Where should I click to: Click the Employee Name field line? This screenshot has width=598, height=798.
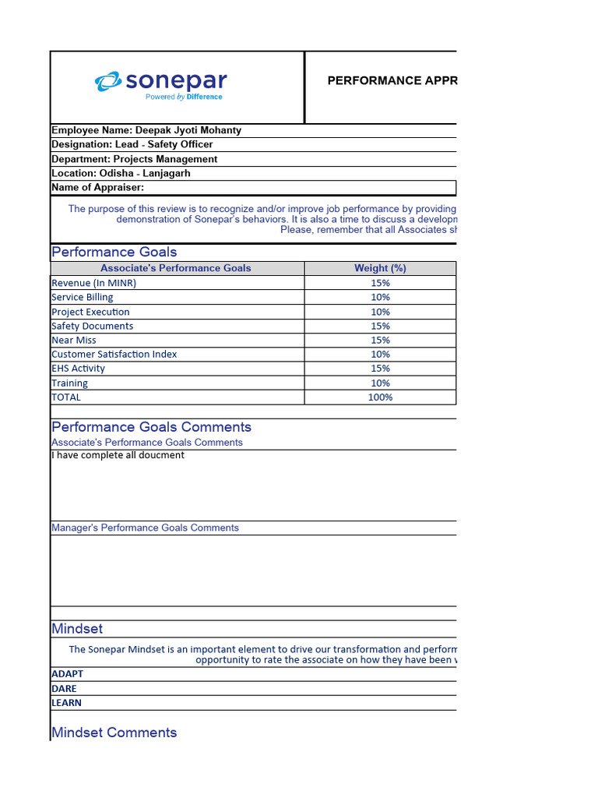coord(146,130)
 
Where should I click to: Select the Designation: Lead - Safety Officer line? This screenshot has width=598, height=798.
coord(132,144)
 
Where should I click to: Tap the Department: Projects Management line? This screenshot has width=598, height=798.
coord(134,159)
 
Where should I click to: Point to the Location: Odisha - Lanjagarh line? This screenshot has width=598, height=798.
coord(121,173)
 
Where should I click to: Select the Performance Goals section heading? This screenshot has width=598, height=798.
coord(114,252)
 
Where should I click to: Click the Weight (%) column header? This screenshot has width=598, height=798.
coord(380,268)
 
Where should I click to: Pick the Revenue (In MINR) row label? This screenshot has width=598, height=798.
coord(93,283)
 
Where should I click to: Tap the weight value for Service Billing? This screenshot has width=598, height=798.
coord(380,297)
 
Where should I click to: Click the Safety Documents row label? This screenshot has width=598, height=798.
coord(92,326)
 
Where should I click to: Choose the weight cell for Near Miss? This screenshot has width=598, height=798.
coord(380,340)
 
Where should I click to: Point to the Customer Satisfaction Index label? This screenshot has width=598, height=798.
coord(114,354)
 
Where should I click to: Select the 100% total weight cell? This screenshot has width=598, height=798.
coord(380,397)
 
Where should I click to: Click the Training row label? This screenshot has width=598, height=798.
coord(69,383)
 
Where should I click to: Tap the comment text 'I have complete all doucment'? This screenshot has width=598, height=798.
coord(118,455)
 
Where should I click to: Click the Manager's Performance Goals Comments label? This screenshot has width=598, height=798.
coord(145,528)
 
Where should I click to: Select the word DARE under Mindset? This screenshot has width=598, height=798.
coord(64,688)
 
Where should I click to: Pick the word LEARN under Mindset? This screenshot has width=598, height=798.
coord(66,702)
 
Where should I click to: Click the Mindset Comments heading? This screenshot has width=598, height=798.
coord(114,733)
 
